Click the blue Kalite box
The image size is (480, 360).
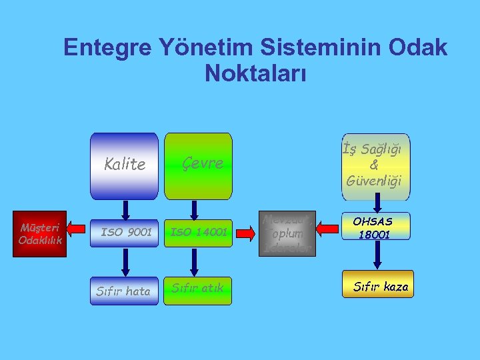[124, 166]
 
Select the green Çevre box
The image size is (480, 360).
[198, 166]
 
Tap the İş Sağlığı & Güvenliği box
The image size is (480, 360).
[375, 167]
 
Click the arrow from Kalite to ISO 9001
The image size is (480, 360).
[125, 209]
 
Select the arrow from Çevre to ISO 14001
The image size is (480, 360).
[194, 209]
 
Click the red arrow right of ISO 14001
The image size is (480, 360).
[245, 233]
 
